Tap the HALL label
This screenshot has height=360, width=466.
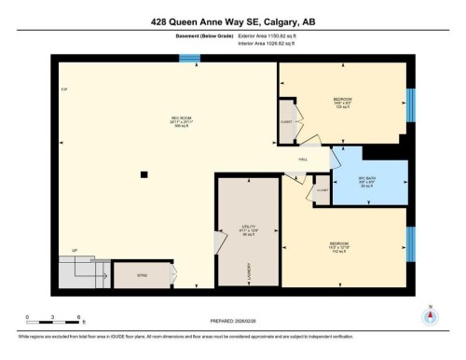click(303, 159)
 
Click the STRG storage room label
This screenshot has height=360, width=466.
click(143, 277)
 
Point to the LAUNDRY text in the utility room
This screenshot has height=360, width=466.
click(250, 271)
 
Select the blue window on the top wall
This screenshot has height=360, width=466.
click(189, 59)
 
